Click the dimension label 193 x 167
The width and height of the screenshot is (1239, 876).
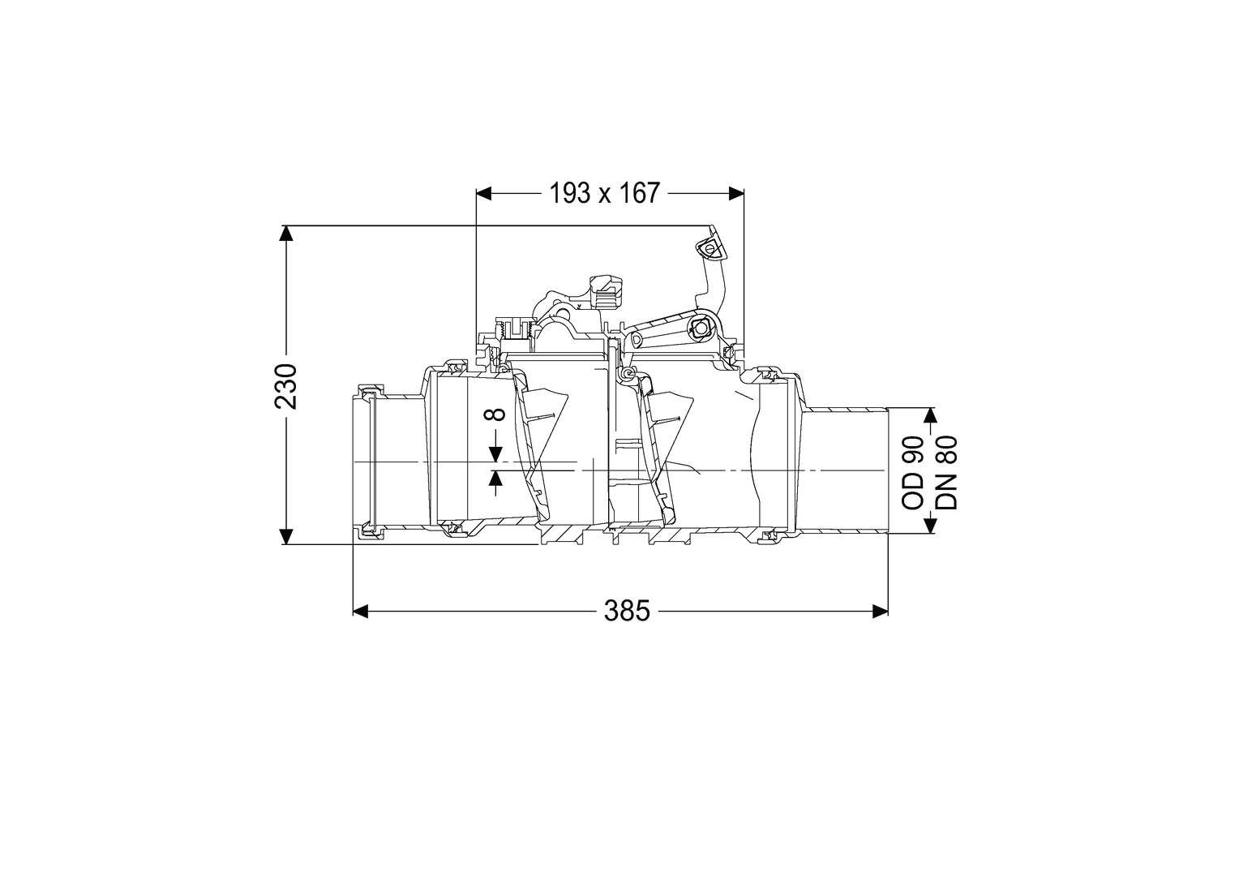(605, 193)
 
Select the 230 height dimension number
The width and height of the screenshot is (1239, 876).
(286, 386)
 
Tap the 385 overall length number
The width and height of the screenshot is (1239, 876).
(627, 612)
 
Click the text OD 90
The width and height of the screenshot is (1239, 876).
(913, 473)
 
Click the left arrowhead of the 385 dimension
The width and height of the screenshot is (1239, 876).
(361, 611)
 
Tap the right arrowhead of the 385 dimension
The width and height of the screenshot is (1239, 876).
(880, 611)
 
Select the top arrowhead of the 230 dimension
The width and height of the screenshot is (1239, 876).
(286, 234)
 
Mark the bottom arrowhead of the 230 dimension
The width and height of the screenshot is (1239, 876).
(286, 536)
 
